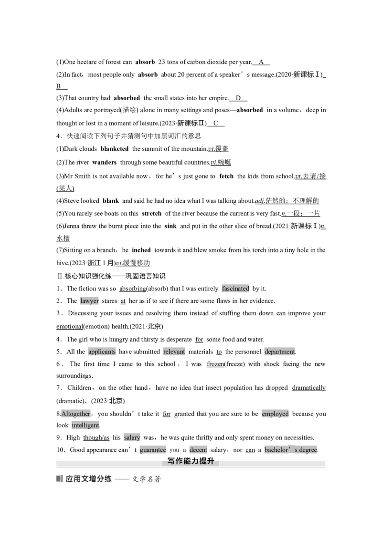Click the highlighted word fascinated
pos(236,289)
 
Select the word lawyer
pos(89,301)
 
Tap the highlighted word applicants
pos(102,352)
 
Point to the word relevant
pos(174,352)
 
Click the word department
pos(280,352)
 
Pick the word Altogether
pos(75,414)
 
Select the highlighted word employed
pos(275,414)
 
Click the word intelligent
pos(85,425)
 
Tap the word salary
pos(132,438)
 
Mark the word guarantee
pos(153,450)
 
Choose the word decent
pos(198,450)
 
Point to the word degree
pos(308,450)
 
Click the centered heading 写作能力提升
pos(191,461)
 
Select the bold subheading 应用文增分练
pos(89,479)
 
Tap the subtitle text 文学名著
pos(147,479)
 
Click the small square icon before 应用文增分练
pos(59,478)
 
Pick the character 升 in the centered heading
pos(211,461)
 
